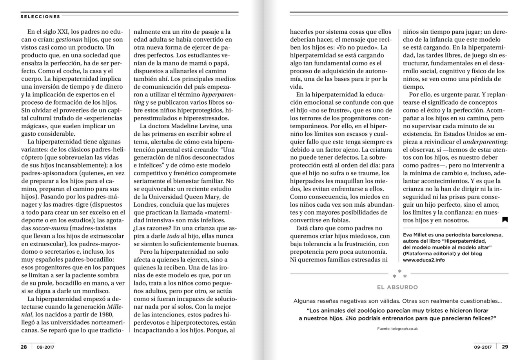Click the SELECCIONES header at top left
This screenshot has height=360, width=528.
point(40,17)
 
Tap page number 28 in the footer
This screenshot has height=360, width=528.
point(24,347)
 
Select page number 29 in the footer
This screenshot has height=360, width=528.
point(505,347)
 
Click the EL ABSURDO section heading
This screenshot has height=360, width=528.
point(397,287)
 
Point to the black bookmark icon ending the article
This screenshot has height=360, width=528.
point(505,220)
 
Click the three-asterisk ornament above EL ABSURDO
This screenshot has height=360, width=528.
point(399,274)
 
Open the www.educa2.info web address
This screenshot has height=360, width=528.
point(424,260)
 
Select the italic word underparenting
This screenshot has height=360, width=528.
point(484,142)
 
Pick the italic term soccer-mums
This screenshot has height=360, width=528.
point(50,228)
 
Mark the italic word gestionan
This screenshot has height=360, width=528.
point(69,40)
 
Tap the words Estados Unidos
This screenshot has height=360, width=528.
point(434,134)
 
